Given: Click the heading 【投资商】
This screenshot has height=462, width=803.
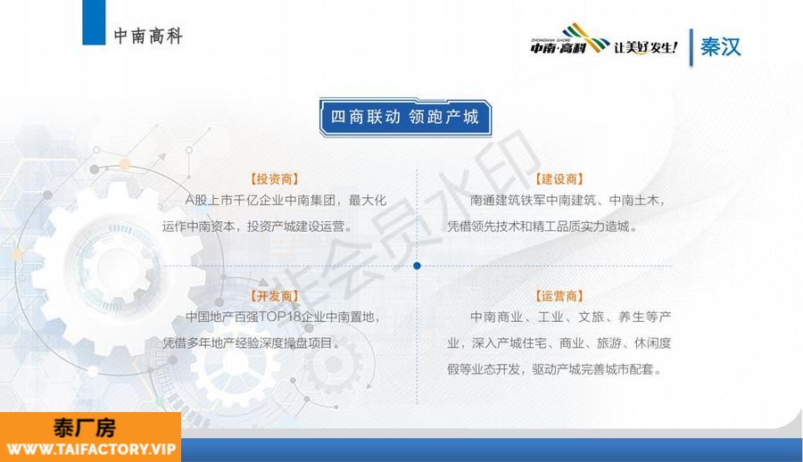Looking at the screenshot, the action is pos(274,178).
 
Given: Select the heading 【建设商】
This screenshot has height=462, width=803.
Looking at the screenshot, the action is pos(559,178).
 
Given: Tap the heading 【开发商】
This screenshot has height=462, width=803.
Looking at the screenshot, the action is pos(274,295).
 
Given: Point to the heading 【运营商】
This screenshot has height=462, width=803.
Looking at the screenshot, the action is pos(559,295).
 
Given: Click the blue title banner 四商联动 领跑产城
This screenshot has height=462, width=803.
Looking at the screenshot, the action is pos(405,118).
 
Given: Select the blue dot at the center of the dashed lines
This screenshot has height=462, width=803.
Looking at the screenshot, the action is pos(417,266).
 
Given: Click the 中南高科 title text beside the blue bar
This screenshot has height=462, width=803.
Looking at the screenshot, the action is pos(148,36).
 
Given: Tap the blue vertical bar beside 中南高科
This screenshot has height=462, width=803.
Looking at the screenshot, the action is pos(94,22).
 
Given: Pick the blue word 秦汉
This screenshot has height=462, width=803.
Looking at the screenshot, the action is pos(721,46).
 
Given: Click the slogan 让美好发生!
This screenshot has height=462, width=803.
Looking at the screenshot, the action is pos(646,47).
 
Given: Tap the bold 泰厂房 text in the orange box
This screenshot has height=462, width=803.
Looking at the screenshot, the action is pos(85,428).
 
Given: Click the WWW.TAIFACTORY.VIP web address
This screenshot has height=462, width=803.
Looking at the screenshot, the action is pos(91,450).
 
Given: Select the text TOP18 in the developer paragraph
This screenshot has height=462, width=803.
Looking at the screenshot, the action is pos(279,317).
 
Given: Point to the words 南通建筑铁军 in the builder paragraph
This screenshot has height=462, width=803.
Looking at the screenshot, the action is pos(508,201).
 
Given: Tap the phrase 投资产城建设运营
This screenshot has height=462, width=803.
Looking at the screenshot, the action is pos(295,227).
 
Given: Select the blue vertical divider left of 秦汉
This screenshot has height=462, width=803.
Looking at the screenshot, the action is pos(691,47).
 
